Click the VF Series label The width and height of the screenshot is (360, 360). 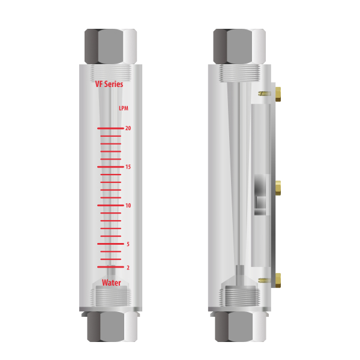109,84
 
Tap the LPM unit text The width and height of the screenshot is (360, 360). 124,109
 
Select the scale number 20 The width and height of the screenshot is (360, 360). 128,128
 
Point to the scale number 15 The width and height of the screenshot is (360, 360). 128,167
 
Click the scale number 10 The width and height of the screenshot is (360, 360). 128,205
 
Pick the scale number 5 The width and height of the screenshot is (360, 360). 128,244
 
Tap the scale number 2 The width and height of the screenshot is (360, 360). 128,268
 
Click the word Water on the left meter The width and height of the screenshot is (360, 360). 112,283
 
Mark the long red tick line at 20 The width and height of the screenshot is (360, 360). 110,128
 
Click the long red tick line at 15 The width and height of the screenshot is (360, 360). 110,167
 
